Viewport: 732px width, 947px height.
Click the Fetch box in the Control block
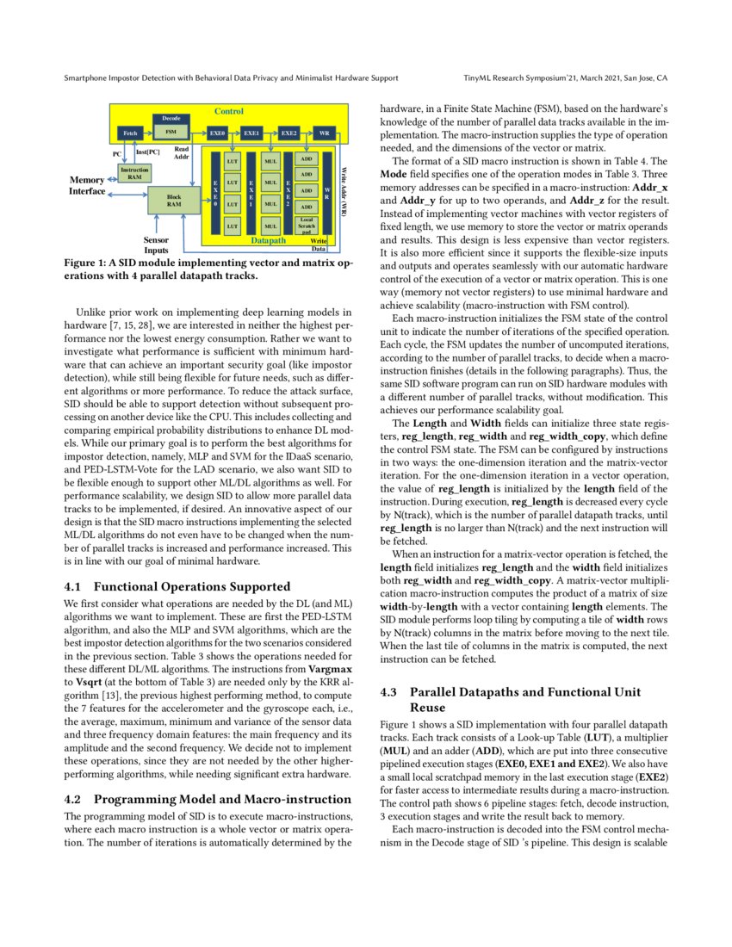pos(131,133)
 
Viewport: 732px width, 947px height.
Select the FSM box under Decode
pos(171,133)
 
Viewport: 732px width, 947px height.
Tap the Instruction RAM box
pos(134,172)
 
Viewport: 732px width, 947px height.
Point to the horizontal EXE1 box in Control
pos(251,133)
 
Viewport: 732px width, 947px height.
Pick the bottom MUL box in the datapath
pos(270,226)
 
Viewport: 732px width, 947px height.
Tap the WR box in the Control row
pos(325,133)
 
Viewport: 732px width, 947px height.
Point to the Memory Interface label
pos(87,185)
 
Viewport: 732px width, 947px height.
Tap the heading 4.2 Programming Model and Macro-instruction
pos(208,799)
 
